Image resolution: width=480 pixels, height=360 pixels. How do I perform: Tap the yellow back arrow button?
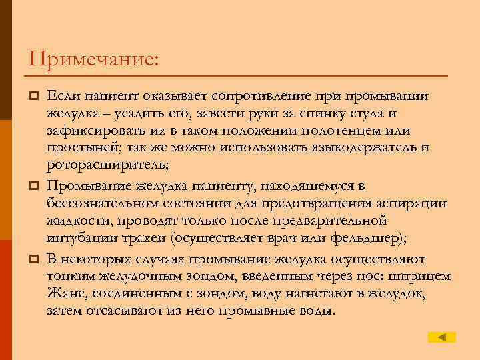click(x=441, y=337)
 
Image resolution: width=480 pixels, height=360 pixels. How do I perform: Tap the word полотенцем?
click(x=357, y=131)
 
